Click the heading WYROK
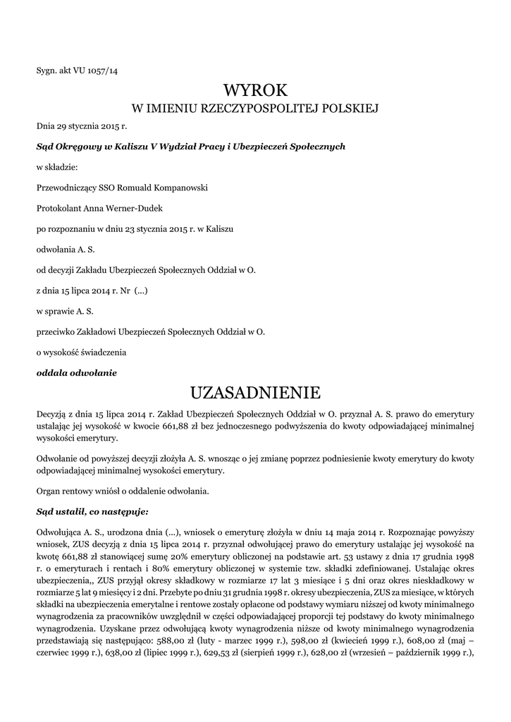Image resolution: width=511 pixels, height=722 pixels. click(256, 90)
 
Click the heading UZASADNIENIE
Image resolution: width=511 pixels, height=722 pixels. click(256, 391)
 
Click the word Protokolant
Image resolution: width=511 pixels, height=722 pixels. click(59, 209)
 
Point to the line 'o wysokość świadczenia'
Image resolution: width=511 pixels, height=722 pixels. click(81, 351)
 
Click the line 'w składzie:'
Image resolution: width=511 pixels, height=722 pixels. click(57, 168)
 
